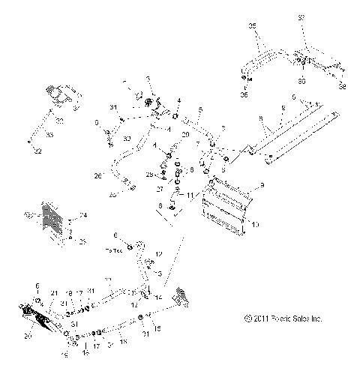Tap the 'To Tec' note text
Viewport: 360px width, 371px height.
[112, 250]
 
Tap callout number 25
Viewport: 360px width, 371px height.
[83, 242]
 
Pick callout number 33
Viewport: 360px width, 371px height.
[50, 135]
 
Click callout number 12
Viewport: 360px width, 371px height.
[158, 255]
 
